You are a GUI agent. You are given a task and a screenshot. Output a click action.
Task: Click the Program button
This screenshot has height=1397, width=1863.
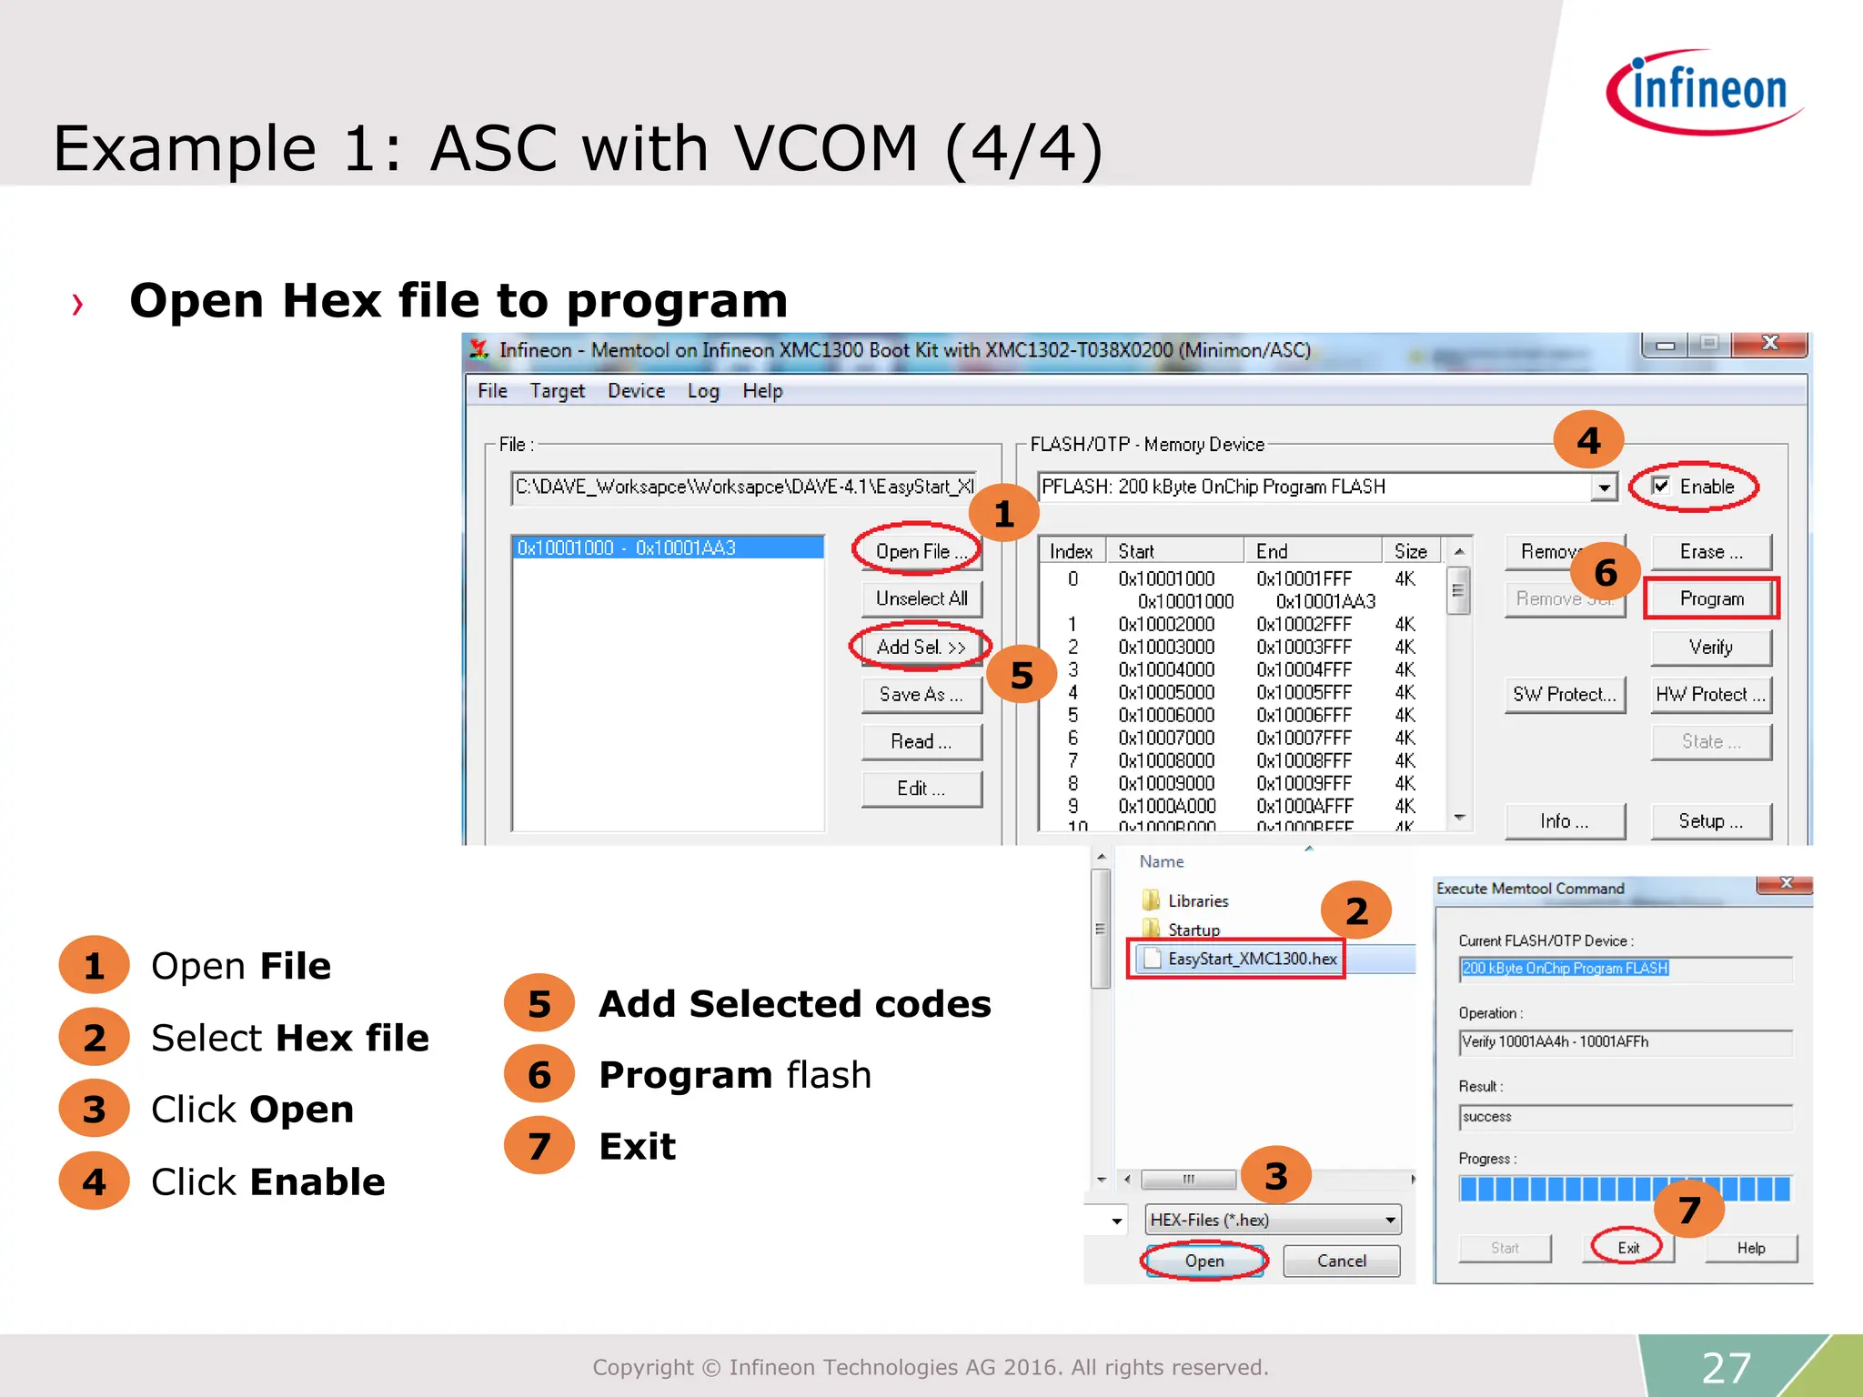[1711, 598]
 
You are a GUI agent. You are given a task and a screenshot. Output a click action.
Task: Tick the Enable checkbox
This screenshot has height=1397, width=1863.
[1661, 486]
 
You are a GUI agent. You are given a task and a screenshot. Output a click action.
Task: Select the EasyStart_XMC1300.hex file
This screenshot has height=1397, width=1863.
[1252, 959]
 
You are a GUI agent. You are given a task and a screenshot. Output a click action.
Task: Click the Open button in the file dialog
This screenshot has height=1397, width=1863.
[1203, 1261]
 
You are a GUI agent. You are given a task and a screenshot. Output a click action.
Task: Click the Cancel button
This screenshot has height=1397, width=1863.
[1341, 1261]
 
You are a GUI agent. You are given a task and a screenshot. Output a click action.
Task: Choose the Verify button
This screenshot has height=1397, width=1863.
[1711, 647]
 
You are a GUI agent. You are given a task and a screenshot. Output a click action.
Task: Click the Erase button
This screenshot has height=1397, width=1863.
[1711, 551]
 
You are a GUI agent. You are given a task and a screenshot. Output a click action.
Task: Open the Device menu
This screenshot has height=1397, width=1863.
[636, 391]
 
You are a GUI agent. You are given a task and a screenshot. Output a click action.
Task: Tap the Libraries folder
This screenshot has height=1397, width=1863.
[1197, 900]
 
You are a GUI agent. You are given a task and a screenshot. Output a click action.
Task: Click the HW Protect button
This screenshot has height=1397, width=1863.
[1711, 695]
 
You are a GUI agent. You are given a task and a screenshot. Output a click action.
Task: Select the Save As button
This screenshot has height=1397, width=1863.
[921, 695]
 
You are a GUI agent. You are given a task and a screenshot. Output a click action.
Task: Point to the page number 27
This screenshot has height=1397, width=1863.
[1726, 1367]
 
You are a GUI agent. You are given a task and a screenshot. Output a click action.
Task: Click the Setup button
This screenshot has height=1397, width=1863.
[1711, 821]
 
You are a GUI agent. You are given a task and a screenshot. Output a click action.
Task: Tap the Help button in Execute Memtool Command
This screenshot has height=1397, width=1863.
[1751, 1248]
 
